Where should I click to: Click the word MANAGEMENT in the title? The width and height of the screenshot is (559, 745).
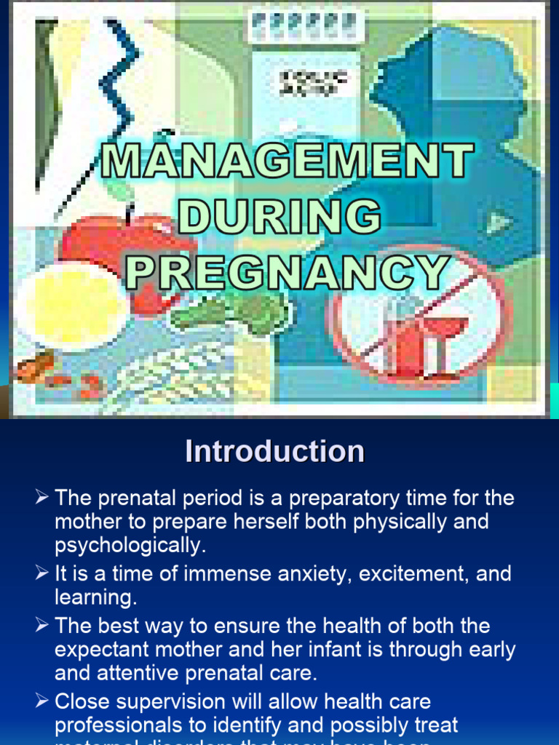tap(288, 162)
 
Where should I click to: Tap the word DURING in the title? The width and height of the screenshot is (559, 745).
tap(280, 216)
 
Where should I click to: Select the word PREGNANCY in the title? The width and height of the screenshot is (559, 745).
tap(288, 271)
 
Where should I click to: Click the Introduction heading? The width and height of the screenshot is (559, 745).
tap(274, 451)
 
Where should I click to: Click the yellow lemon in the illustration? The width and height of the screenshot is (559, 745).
tap(69, 306)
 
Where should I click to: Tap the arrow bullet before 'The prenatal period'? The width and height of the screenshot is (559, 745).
tap(41, 498)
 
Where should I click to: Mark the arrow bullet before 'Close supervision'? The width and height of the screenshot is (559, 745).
tap(41, 702)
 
